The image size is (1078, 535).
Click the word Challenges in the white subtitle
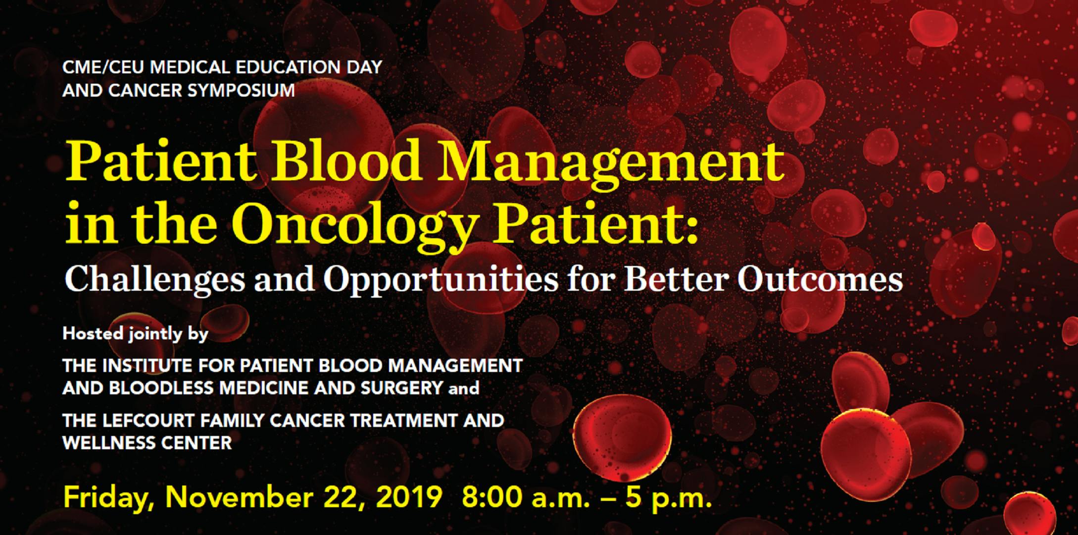coord(155,280)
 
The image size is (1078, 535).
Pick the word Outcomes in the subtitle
coord(820,279)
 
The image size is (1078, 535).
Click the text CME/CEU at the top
coord(104,67)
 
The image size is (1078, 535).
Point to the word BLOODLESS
coord(162,388)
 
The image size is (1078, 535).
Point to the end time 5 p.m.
coord(668,498)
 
